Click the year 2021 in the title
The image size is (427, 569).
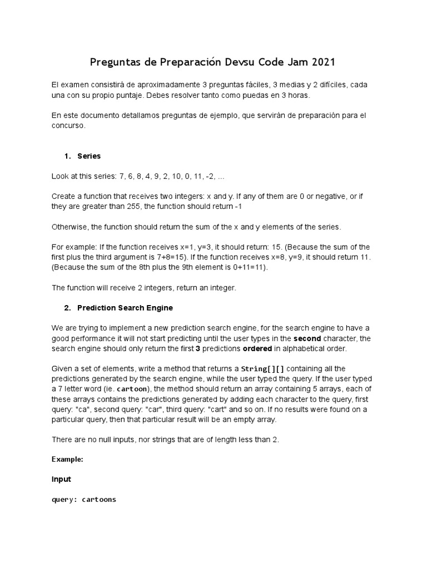click(320, 62)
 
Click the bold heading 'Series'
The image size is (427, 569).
click(89, 156)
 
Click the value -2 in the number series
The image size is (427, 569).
click(203, 176)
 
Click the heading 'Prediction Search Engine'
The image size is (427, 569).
click(125, 307)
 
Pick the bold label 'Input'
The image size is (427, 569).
click(61, 479)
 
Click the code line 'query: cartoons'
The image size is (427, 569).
click(84, 499)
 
